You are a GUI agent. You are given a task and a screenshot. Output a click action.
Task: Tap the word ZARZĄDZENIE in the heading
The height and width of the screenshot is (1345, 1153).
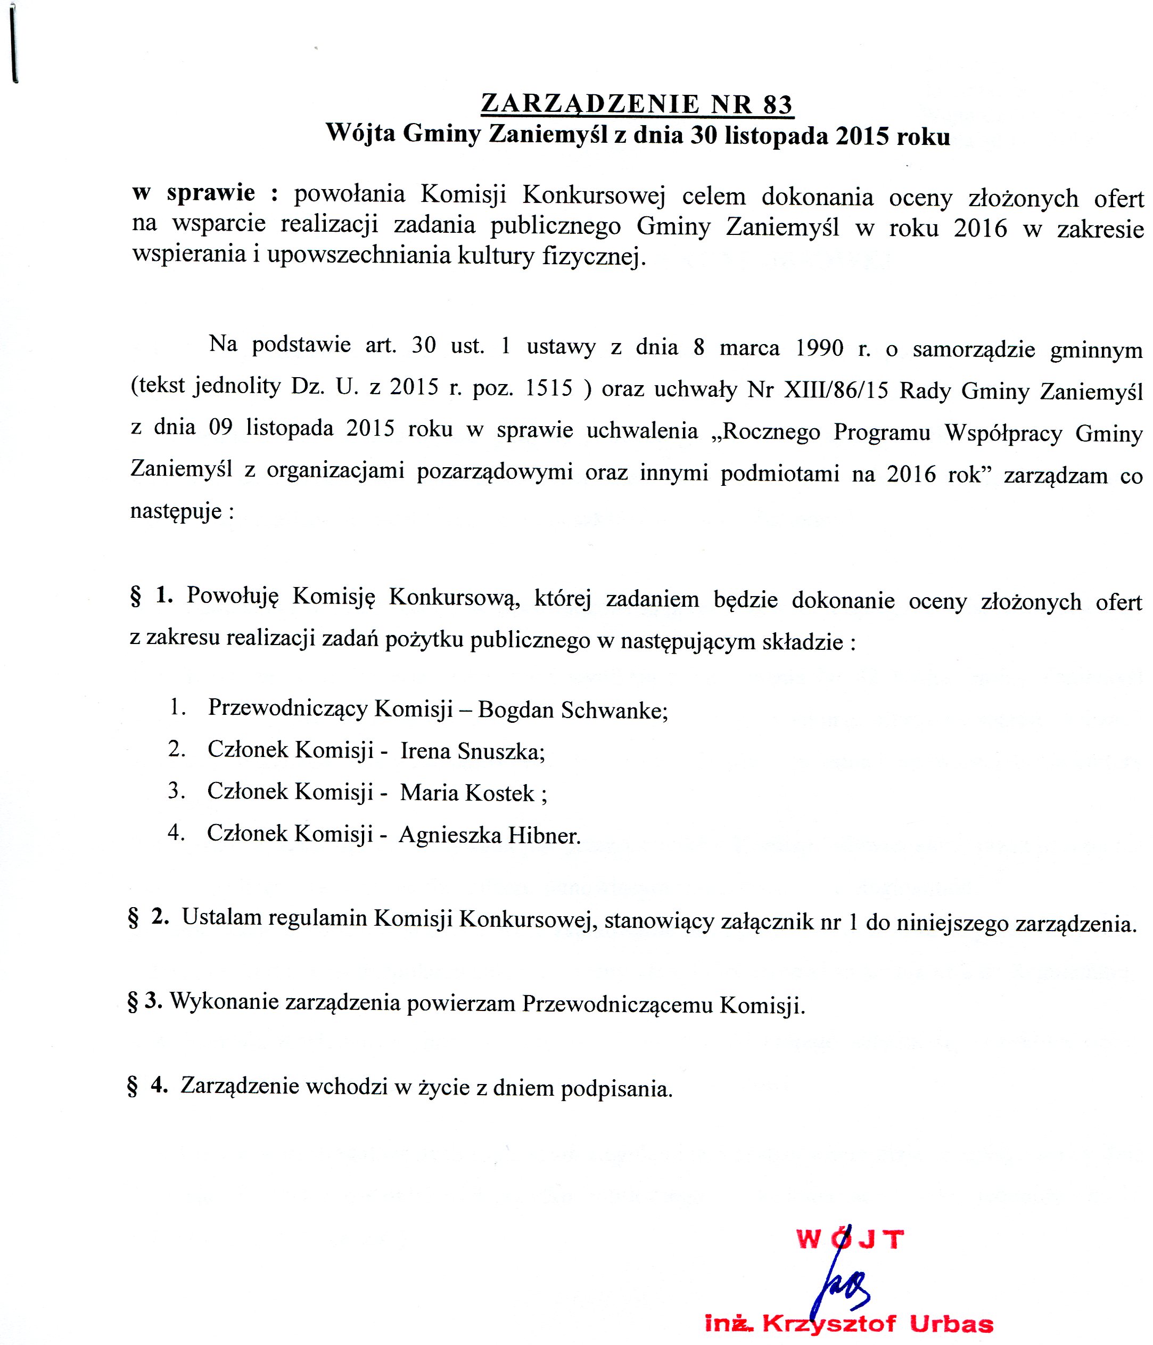(x=590, y=104)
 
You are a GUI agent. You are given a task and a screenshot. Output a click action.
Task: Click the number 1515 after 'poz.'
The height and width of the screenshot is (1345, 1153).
(x=549, y=388)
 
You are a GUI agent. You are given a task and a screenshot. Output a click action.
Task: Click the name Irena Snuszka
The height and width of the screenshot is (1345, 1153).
(x=472, y=751)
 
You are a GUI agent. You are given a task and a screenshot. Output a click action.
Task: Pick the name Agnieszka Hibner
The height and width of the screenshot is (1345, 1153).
(x=489, y=835)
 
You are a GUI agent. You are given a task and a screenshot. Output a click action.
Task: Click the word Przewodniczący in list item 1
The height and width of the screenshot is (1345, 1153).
(x=287, y=708)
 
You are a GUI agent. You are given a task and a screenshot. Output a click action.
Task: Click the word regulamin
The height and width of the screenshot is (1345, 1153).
(x=317, y=918)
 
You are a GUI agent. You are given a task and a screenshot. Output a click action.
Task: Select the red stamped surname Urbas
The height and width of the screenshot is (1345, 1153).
(x=951, y=1324)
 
